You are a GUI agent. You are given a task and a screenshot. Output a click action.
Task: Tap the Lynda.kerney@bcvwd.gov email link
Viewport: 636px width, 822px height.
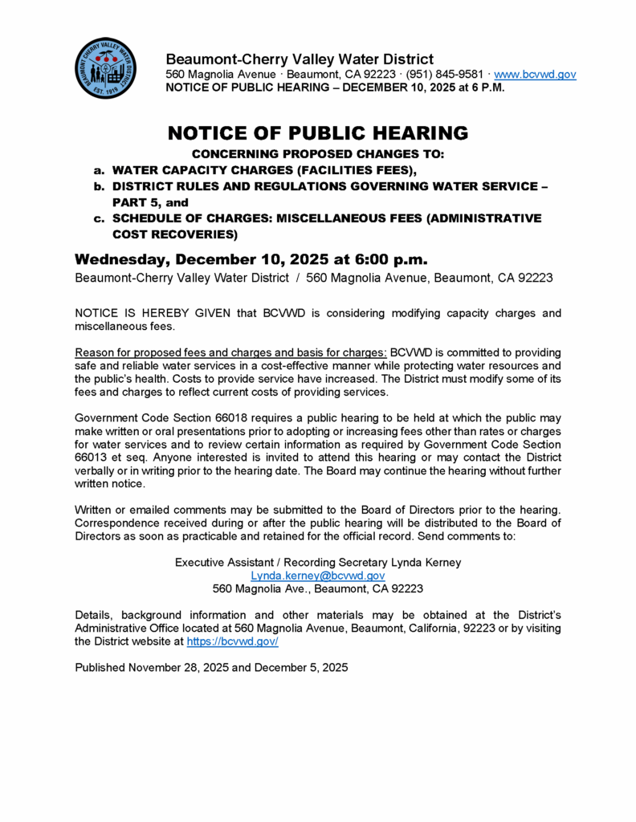[x=318, y=576]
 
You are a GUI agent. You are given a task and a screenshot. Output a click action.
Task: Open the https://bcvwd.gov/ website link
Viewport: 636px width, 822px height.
[x=232, y=641]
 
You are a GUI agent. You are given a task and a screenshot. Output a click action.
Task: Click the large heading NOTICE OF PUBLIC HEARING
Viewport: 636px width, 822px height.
[x=318, y=133]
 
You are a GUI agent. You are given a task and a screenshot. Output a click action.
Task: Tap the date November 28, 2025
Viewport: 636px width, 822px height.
[x=178, y=667]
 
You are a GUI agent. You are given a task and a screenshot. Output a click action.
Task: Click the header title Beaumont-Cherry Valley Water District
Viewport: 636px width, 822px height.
[x=300, y=59]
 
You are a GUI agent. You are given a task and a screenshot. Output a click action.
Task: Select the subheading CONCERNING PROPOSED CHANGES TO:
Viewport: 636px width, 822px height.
[x=318, y=153]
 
